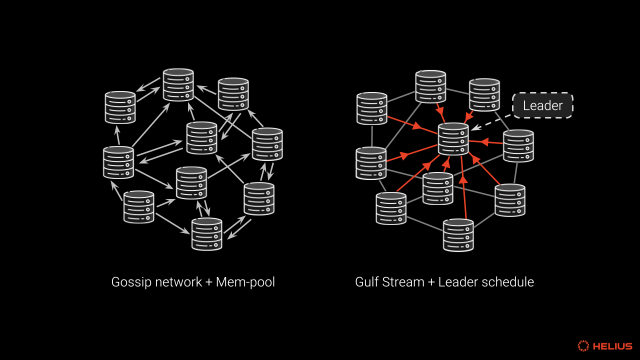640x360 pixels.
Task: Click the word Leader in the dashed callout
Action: [x=542, y=106]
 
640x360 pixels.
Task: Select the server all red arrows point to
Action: [x=453, y=138]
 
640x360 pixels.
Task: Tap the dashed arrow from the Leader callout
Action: [x=492, y=120]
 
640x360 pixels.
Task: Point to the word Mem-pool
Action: [x=245, y=282]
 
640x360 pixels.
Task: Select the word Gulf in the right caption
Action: [x=367, y=282]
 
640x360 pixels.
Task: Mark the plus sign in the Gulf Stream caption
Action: [x=432, y=282]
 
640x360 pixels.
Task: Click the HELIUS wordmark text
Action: [x=612, y=346]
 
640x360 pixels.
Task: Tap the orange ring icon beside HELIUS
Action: [x=583, y=346]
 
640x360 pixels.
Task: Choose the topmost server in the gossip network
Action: [x=178, y=85]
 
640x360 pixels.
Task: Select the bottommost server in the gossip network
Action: [x=207, y=234]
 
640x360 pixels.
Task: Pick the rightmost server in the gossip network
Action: [x=267, y=144]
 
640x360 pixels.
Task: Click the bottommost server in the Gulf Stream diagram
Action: [x=458, y=235]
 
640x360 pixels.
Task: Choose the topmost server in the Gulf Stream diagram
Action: [x=431, y=86]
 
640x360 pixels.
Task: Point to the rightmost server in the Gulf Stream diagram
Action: [x=518, y=146]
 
